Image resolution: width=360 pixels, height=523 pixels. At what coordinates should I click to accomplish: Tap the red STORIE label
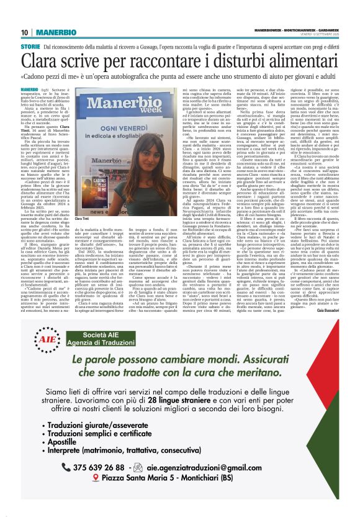[x=30, y=47]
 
